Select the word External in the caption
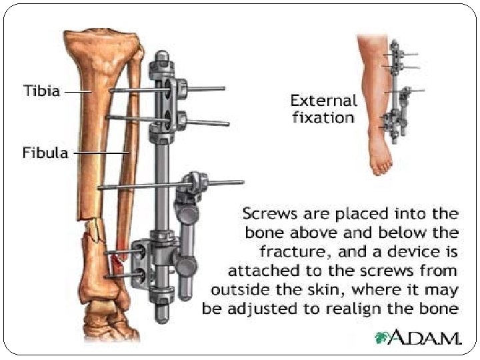click(324, 101)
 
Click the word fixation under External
click(322, 117)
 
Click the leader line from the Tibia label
click(78, 91)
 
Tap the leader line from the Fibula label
click(100, 153)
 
